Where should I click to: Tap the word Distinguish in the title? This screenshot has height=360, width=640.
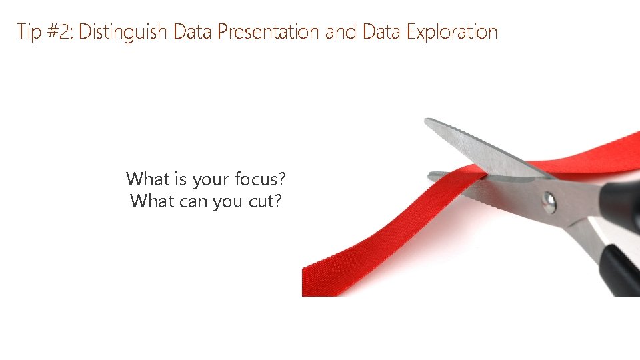click(123, 31)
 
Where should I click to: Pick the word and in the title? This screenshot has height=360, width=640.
click(342, 31)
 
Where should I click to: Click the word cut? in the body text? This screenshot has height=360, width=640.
click(265, 201)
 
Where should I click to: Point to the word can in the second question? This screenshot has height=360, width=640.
click(193, 201)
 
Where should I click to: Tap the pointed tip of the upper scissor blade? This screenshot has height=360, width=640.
click(427, 121)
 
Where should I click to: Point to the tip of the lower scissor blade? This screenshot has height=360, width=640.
click(431, 176)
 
